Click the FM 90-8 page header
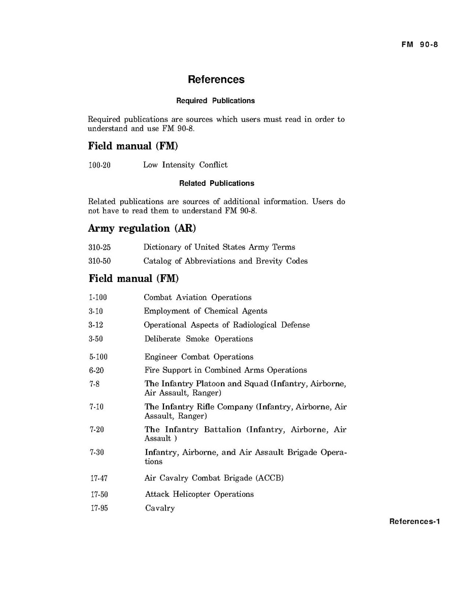(419, 44)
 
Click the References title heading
(216, 79)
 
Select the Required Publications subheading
(215, 101)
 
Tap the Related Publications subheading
(217, 183)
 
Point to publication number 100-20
(99, 165)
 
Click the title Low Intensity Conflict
(185, 165)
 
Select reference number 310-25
(99, 247)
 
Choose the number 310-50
(99, 261)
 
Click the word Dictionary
(162, 247)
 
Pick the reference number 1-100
(98, 297)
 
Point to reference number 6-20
(97, 370)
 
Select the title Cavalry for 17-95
(160, 508)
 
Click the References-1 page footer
(414, 522)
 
